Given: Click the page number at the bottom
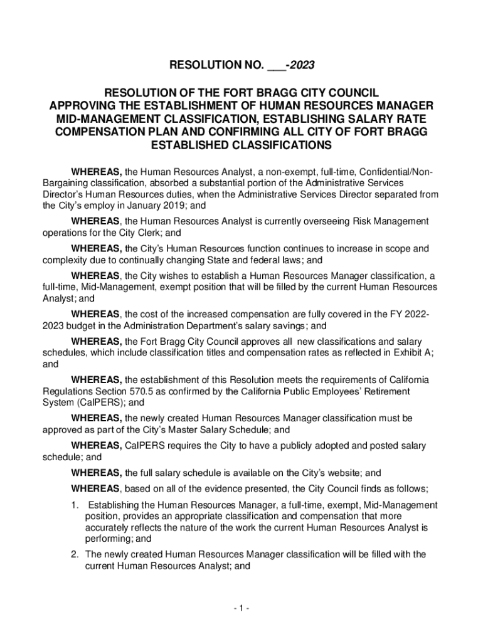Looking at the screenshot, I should pyautogui.click(x=241, y=608).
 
